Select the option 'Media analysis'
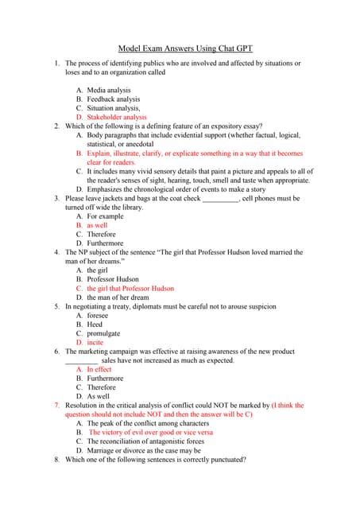point(109,91)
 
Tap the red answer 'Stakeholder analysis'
point(117,117)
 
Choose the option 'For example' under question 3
point(105,216)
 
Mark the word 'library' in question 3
point(129,207)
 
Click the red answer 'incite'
point(95,343)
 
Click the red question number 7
point(56,406)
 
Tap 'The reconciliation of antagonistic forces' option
point(145,441)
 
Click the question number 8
point(56,460)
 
